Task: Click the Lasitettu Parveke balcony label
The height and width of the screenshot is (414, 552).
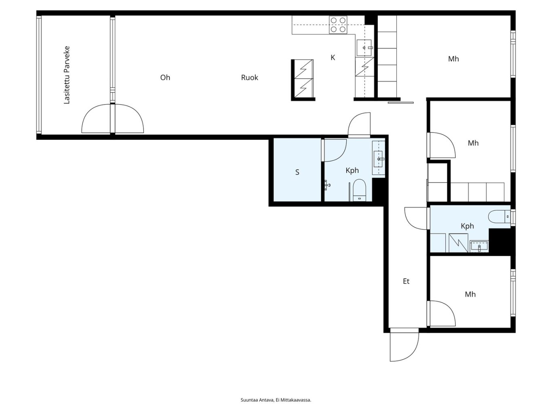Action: click(x=67, y=75)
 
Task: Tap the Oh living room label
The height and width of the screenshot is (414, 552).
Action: click(x=165, y=78)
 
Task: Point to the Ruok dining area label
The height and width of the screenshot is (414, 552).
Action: click(x=249, y=78)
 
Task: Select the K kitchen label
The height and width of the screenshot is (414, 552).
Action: click(x=333, y=58)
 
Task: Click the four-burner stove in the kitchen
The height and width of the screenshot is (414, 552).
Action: click(x=338, y=25)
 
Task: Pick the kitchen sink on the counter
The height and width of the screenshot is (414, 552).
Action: click(x=364, y=48)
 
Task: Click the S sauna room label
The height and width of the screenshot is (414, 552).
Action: click(x=297, y=172)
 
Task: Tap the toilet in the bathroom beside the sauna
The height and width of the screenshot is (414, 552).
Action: click(x=359, y=190)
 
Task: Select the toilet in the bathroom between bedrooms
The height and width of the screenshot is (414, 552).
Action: click(x=499, y=216)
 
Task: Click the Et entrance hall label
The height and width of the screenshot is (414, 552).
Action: click(x=406, y=281)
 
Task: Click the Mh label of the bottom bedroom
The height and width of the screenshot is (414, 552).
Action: click(x=470, y=294)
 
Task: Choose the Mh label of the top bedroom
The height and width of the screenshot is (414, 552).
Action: click(x=453, y=59)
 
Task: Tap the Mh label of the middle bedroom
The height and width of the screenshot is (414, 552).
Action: click(x=473, y=143)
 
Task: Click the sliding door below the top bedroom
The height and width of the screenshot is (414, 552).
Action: click(x=400, y=103)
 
